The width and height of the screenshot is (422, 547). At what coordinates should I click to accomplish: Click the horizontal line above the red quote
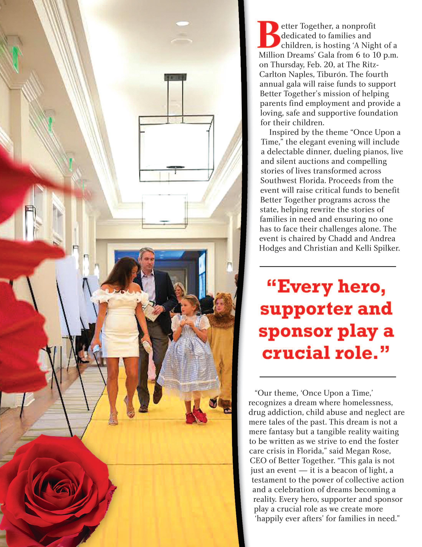pos(328,266)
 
